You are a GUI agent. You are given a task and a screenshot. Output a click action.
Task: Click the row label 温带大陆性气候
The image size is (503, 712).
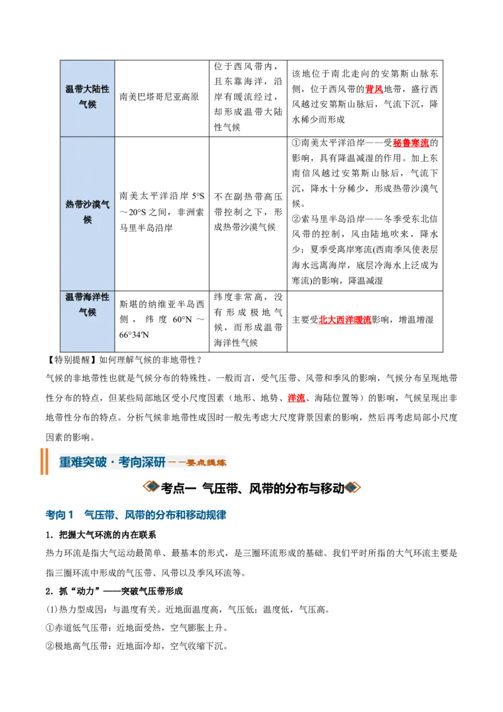coord(87,97)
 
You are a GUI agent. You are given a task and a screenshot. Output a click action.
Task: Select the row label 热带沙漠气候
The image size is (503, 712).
coord(87,212)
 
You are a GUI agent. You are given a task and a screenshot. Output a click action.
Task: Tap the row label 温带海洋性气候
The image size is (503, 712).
coord(87,304)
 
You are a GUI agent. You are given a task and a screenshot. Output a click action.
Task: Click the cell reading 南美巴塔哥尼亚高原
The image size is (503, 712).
coord(159,97)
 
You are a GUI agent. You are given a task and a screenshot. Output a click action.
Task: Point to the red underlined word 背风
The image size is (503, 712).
coord(374,89)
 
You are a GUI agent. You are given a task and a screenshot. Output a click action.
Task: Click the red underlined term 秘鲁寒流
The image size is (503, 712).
coord(411,143)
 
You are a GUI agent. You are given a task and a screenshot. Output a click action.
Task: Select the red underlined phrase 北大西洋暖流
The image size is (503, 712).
coord(345,320)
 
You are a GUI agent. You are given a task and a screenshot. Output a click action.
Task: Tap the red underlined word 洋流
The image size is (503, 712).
coord(296,398)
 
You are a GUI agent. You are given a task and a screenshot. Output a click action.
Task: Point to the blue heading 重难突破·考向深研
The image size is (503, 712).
coord(112,462)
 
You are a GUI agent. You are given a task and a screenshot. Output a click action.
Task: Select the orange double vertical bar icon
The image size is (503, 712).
coord(44,461)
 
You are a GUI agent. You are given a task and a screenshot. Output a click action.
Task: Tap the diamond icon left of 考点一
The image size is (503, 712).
coord(151,487)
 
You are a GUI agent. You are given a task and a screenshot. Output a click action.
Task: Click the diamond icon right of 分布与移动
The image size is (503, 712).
coord(353,487)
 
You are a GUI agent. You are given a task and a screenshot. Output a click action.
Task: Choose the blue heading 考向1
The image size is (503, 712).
coord(60,515)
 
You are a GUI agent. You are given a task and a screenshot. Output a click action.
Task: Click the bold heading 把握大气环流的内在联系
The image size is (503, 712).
coord(108,535)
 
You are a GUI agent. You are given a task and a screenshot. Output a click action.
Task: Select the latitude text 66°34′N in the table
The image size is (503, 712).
coord(134,335)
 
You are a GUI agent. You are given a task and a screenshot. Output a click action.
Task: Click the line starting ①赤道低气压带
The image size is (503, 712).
coord(136,628)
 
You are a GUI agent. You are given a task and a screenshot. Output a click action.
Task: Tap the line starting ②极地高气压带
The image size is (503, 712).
coord(136,646)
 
